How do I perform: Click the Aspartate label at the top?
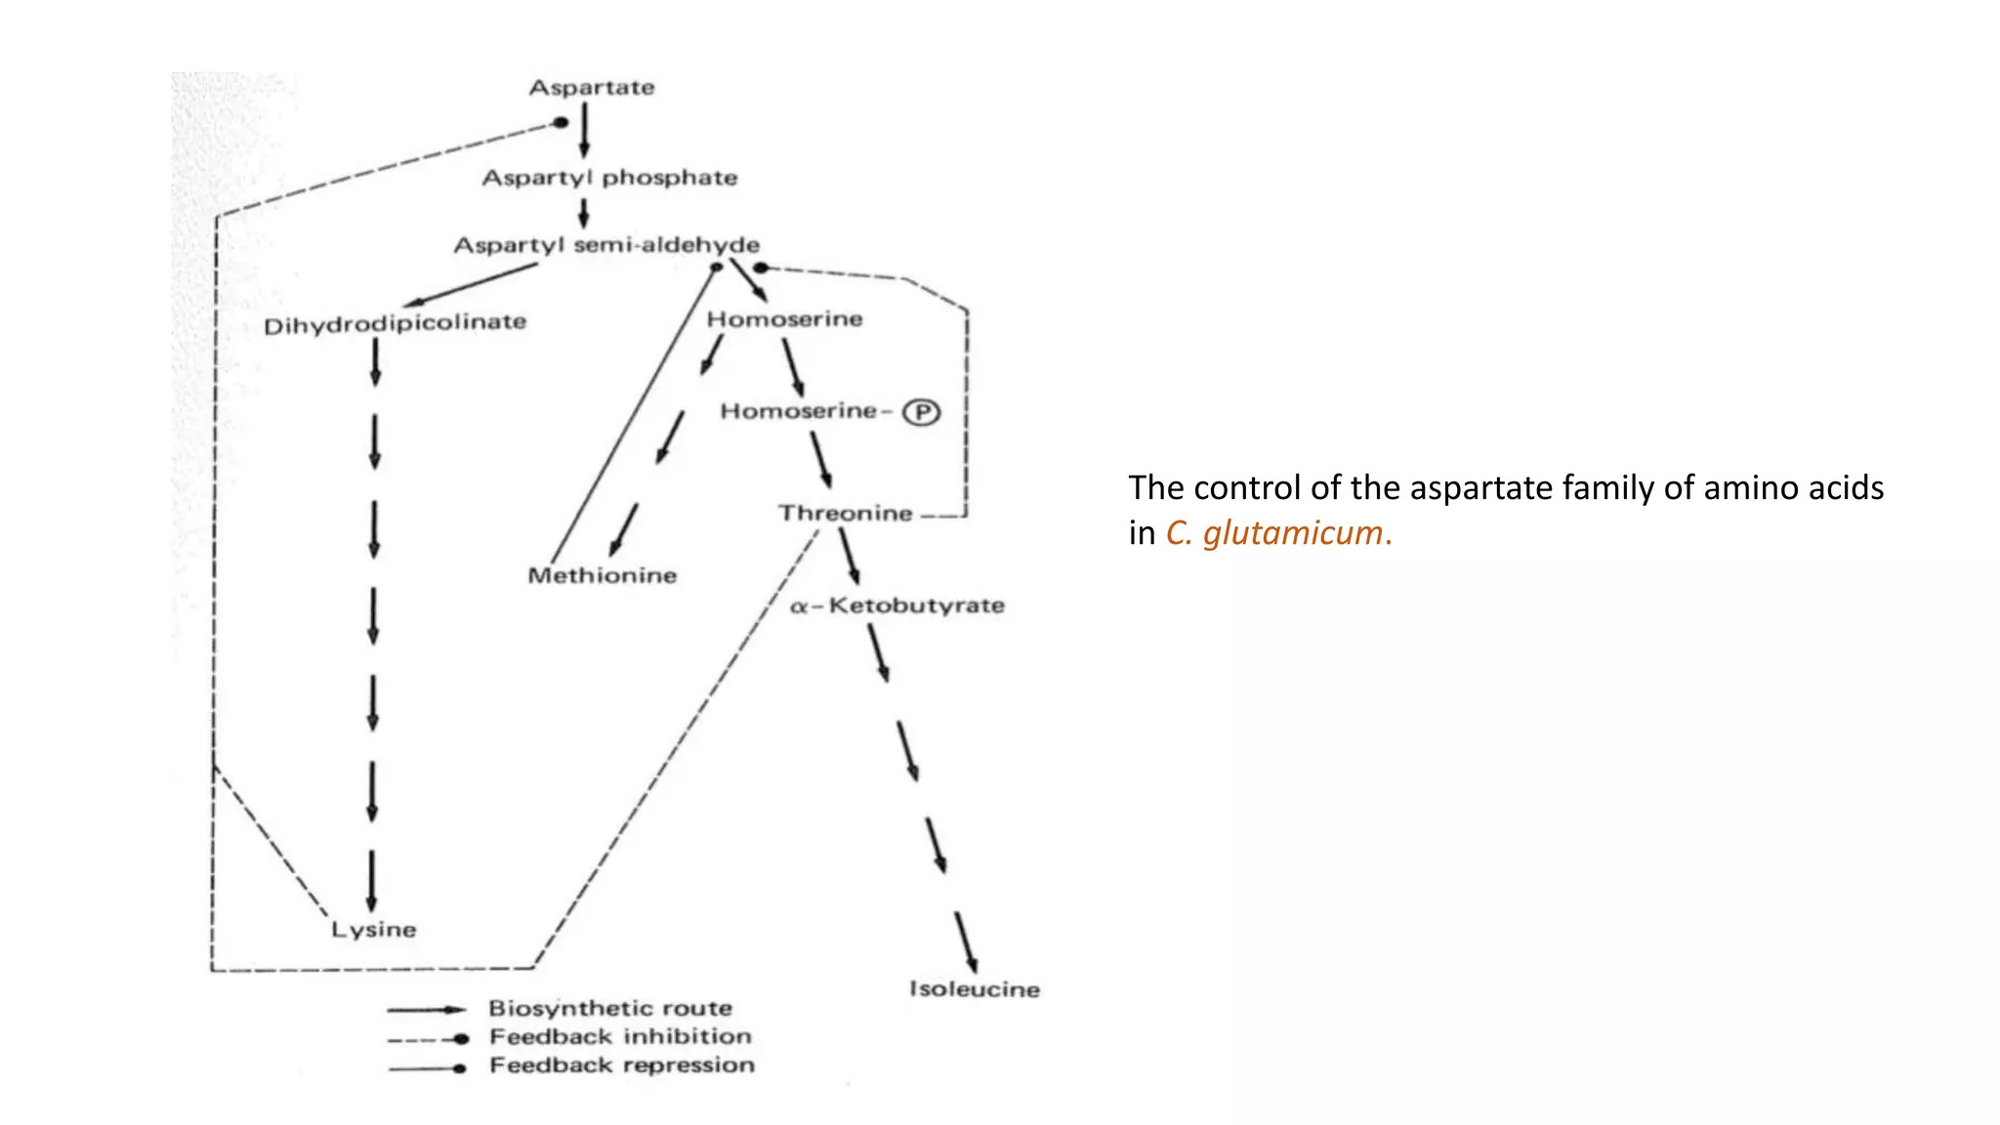click(592, 88)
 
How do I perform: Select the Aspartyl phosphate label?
click(609, 178)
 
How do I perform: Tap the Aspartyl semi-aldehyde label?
click(606, 245)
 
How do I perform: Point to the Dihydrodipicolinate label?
click(395, 323)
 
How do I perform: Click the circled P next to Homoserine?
click(921, 412)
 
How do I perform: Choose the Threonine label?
click(846, 514)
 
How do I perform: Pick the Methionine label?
click(603, 575)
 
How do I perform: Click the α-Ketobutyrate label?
click(897, 605)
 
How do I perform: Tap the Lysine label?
click(374, 930)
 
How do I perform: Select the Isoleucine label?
click(975, 989)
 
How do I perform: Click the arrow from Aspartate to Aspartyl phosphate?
click(584, 131)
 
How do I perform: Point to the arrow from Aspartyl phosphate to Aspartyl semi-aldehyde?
click(584, 213)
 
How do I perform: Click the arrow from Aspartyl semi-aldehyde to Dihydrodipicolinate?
click(469, 285)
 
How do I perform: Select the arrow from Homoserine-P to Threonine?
click(820, 459)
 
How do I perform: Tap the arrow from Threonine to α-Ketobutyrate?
click(850, 556)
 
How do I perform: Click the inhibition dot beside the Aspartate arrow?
click(561, 123)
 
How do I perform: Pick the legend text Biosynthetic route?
click(610, 1008)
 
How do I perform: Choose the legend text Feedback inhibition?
click(620, 1036)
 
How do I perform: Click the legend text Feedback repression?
click(622, 1065)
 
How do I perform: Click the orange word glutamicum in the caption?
click(1293, 533)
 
